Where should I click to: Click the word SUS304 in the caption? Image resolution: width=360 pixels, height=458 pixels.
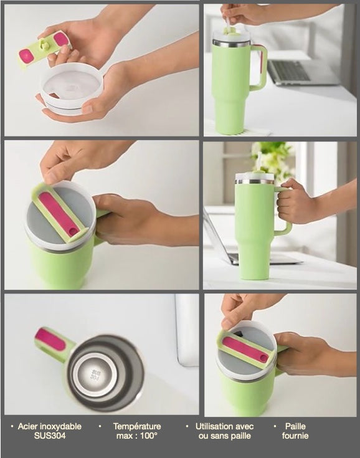coord(50,436)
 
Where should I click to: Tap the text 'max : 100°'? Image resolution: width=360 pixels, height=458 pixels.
coord(137,436)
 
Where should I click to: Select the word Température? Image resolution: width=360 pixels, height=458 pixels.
coord(137,426)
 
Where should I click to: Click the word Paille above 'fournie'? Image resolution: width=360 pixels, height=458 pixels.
coord(295,426)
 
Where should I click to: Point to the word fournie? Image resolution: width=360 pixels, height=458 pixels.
coord(295,436)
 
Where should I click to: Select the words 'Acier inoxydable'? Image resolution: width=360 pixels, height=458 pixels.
coord(50,426)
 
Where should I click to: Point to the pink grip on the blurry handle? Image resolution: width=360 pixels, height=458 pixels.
coord(50,339)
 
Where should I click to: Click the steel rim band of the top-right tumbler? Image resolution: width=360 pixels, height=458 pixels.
coord(231,43)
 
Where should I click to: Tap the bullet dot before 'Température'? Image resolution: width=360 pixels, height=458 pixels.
coord(100,426)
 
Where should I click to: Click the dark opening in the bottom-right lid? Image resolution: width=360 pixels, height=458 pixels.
coord(239,333)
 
